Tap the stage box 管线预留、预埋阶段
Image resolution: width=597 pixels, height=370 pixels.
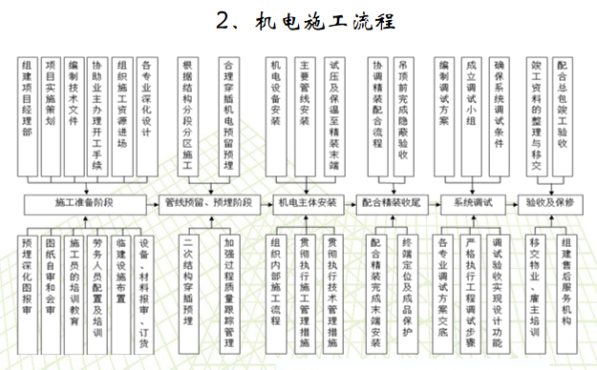click(x=208, y=202)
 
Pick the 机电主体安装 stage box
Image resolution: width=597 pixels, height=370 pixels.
click(x=307, y=202)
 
